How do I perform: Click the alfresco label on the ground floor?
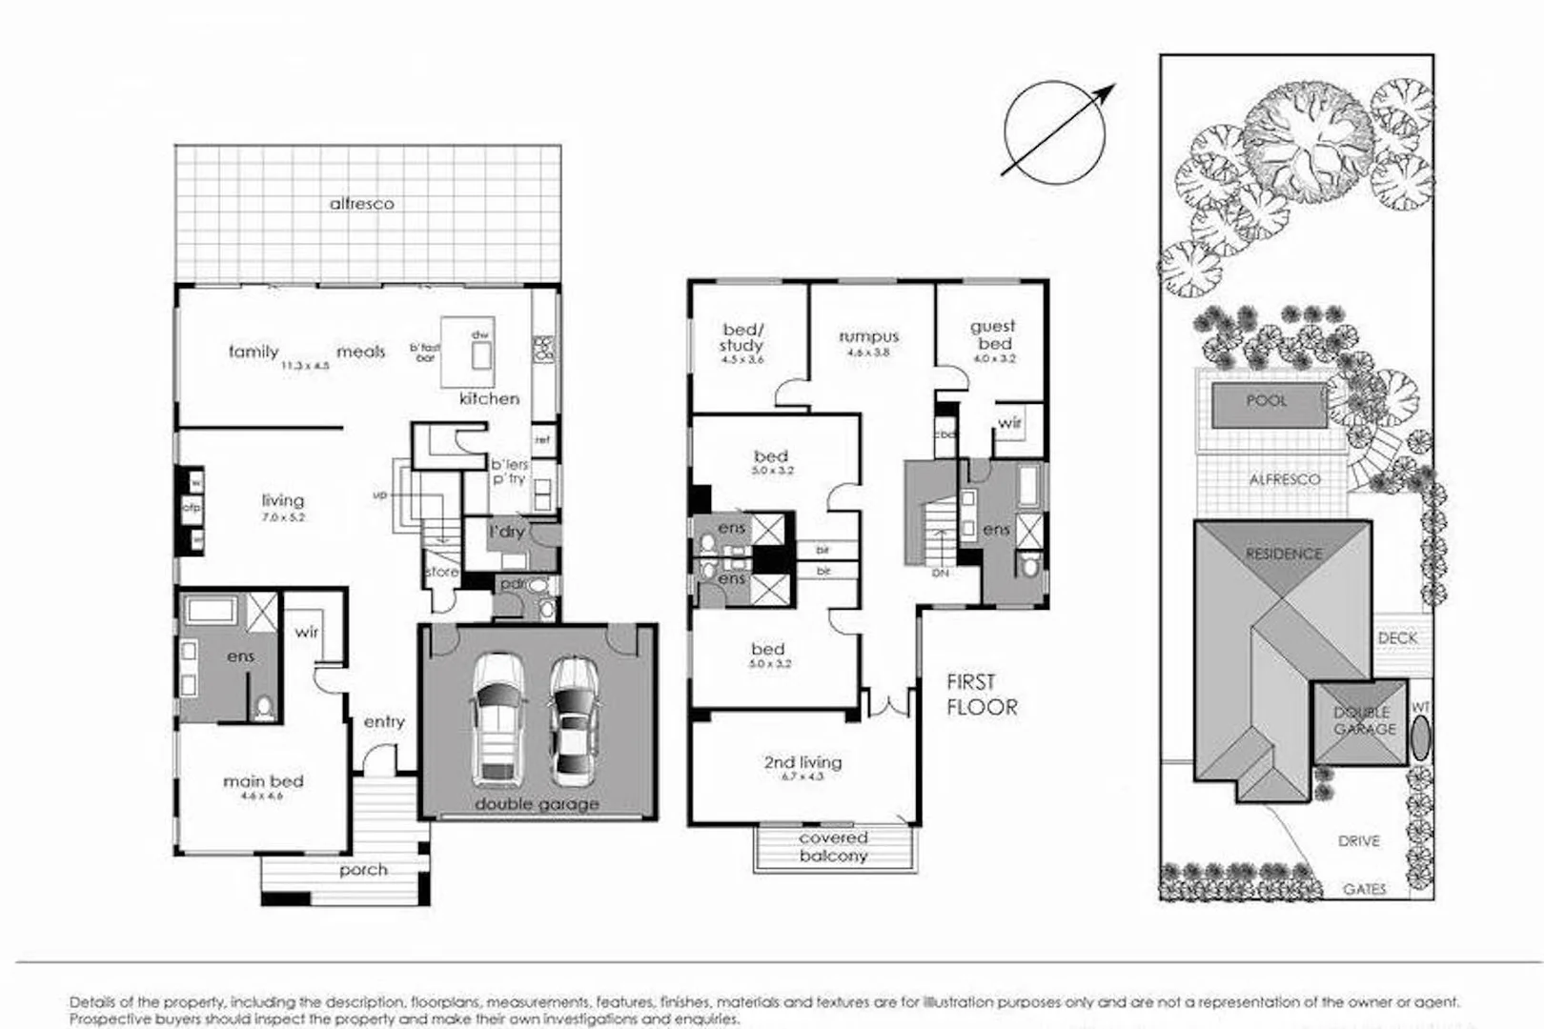[x=361, y=203]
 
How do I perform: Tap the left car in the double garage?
[x=498, y=718]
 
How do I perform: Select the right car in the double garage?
[x=574, y=719]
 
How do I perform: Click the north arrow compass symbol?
[x=1055, y=131]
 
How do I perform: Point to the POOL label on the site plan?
[x=1267, y=401]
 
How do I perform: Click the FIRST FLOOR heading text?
[x=981, y=695]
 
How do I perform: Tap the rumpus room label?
[x=868, y=336]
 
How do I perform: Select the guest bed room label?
[x=993, y=334]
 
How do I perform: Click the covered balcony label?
[x=833, y=847]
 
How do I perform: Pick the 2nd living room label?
[x=802, y=762]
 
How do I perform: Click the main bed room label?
[x=263, y=781]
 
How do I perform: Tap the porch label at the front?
[x=363, y=870]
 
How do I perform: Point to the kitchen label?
[x=489, y=398]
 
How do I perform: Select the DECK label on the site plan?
[x=1396, y=637]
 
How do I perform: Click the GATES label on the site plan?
[x=1364, y=889]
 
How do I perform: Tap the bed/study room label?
[x=742, y=337]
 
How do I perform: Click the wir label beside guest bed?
[x=1009, y=422]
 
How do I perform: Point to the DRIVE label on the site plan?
[x=1358, y=841]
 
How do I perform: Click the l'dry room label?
[x=506, y=532]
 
